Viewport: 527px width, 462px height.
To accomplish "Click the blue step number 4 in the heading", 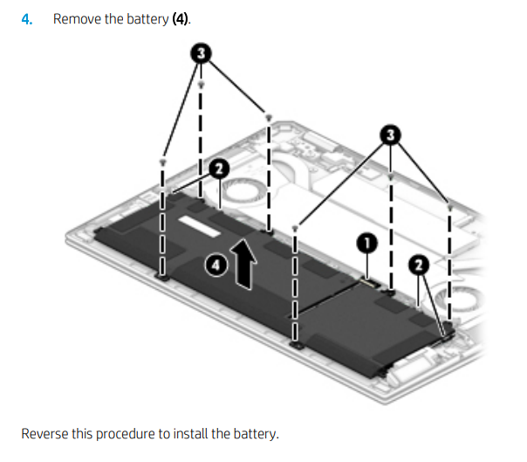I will [27, 19].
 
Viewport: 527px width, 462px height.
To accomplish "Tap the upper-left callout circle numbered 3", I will [202, 54].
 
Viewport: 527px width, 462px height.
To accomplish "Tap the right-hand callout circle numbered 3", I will [390, 134].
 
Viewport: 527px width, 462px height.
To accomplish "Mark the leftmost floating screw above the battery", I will [162, 162].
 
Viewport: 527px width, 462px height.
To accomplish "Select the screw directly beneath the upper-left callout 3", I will [202, 86].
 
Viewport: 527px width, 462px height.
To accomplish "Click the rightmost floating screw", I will [449, 207].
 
